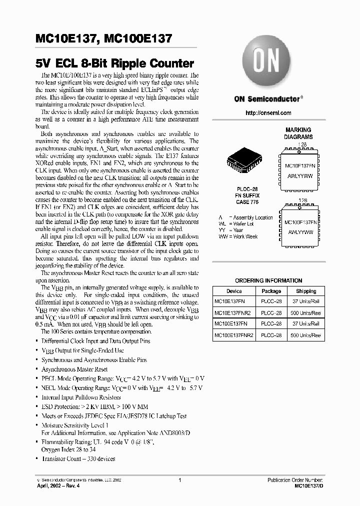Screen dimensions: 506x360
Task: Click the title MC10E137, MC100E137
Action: (104, 38)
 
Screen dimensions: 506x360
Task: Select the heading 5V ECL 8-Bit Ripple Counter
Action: (114, 63)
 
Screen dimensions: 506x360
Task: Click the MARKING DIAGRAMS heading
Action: (298, 133)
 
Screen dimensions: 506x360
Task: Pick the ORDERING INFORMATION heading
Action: (268, 280)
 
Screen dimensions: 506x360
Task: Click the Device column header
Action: (234, 291)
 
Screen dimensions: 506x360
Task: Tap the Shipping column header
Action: (306, 291)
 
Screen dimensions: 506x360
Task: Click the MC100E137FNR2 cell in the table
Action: (234, 335)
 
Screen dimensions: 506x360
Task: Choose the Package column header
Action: (271, 291)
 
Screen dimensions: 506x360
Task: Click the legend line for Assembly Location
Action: (245, 217)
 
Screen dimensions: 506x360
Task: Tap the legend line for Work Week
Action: (238, 236)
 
